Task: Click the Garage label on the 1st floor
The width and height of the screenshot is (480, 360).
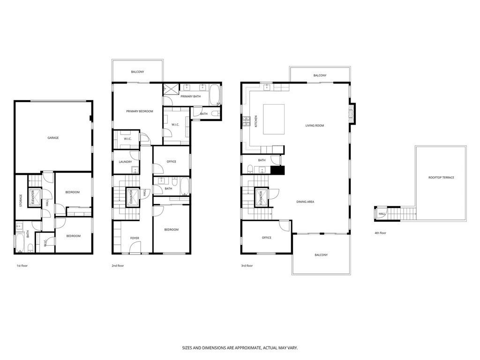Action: [x=53, y=138]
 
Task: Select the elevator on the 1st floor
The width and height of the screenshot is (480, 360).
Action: [x=34, y=196]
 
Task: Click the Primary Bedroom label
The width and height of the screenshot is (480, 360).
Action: [x=140, y=112]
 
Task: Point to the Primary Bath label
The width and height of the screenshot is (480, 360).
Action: [x=190, y=97]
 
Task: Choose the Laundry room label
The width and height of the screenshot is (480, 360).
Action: [x=125, y=162]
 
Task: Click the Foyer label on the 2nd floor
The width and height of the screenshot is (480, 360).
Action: [x=135, y=238]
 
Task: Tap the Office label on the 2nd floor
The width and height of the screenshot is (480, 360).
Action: [x=172, y=162]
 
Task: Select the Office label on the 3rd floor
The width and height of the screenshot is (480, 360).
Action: [x=267, y=238]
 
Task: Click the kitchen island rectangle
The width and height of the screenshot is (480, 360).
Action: [x=274, y=119]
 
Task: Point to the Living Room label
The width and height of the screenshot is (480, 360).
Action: [x=315, y=126]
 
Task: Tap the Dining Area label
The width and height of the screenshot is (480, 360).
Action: [x=305, y=202]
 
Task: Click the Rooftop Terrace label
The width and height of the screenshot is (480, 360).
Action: [x=441, y=178]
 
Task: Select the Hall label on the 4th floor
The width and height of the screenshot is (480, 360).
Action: [x=382, y=214]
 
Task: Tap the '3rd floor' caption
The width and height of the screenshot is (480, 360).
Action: [x=247, y=265]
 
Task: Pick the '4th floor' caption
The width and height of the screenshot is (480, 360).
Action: [x=380, y=233]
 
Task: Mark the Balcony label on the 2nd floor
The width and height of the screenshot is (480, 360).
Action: [x=137, y=72]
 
